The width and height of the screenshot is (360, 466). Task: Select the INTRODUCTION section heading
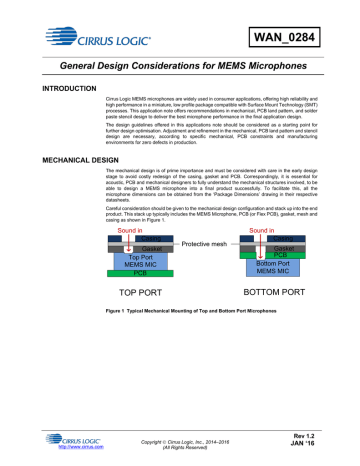click(x=45, y=90)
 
